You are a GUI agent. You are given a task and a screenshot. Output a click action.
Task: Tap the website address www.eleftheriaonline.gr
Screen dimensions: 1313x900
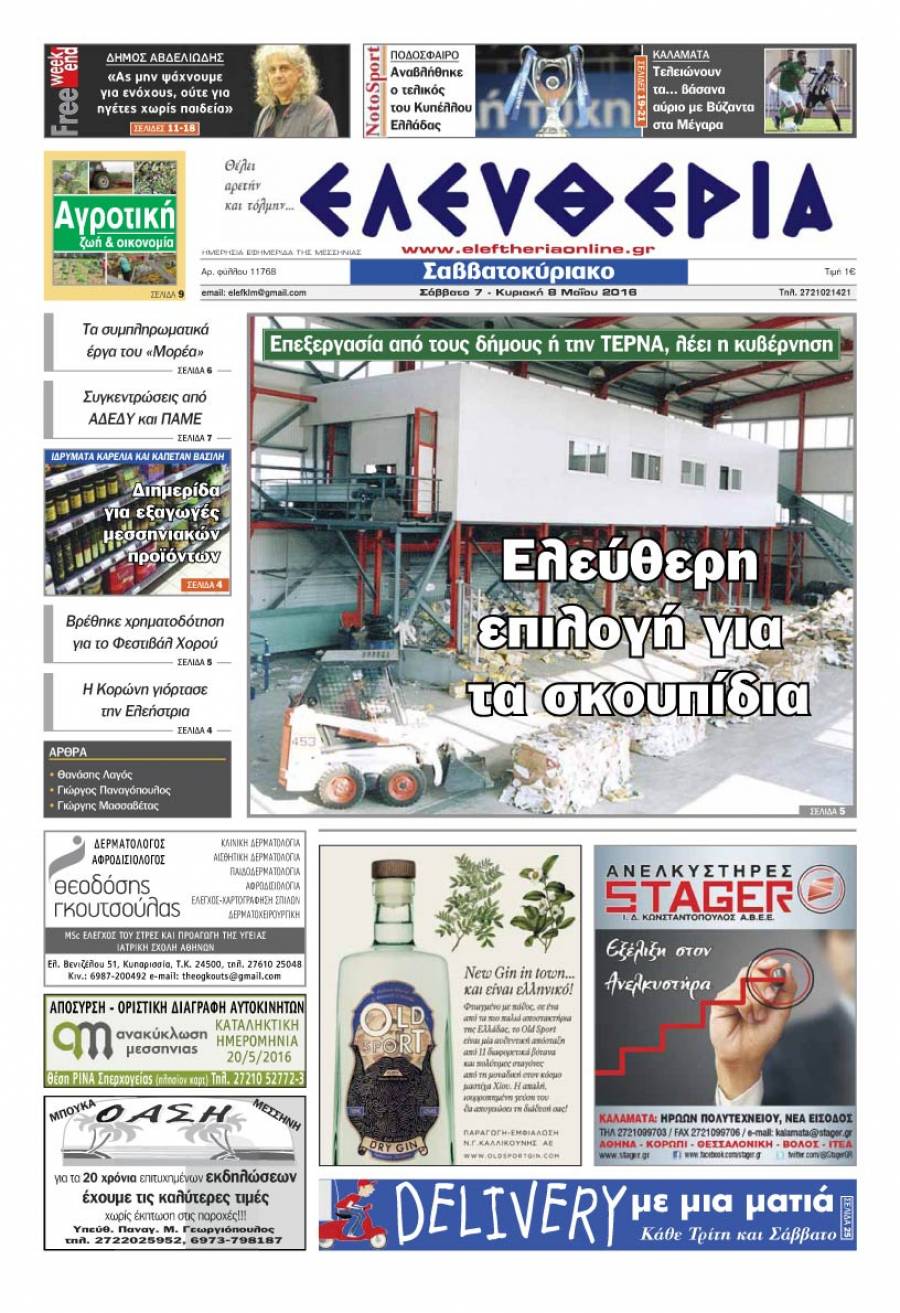pos(528,249)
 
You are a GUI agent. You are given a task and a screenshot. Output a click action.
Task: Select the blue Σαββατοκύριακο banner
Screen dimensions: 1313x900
pos(518,272)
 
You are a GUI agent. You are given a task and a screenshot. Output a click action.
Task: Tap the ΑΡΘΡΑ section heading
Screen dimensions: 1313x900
pos(68,751)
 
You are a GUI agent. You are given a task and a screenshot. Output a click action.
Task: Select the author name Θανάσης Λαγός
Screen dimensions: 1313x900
pos(94,775)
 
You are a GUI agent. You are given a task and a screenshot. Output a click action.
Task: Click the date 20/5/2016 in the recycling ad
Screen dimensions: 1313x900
pos(260,1055)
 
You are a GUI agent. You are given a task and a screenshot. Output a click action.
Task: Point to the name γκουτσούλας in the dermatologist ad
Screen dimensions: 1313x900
pos(117,908)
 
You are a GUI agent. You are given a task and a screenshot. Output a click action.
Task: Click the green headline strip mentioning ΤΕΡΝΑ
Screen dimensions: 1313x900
pos(550,343)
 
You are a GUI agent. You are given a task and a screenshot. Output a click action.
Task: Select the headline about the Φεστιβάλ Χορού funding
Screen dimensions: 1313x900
pos(145,632)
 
